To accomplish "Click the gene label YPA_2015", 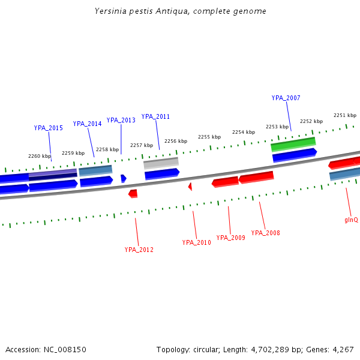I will pyautogui.click(x=48, y=128).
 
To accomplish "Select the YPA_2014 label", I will pyautogui.click(x=87, y=124).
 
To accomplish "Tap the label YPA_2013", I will pyautogui.click(x=121, y=120).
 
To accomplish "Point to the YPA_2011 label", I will pyautogui.click(x=155, y=116).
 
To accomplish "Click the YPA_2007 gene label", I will pyautogui.click(x=286, y=98).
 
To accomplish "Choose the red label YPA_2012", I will pyautogui.click(x=139, y=250).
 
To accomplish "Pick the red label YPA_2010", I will pyautogui.click(x=196, y=242).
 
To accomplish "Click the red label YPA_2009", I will pyautogui.click(x=230, y=238).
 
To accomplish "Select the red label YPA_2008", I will pyautogui.click(x=265, y=233).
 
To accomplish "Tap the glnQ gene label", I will pyautogui.click(x=351, y=220).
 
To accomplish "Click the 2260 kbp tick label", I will pyautogui.click(x=40, y=156).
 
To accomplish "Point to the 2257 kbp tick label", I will pyautogui.click(x=142, y=145).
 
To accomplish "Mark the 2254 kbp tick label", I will pyautogui.click(x=244, y=132).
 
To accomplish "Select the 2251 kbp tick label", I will pyautogui.click(x=345, y=115).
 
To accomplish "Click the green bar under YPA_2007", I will pyautogui.click(x=293, y=145).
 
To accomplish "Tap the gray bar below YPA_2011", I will pyautogui.click(x=161, y=162).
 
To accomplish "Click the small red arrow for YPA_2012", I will pyautogui.click(x=133, y=193).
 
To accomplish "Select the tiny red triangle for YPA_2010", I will pyautogui.click(x=190, y=187).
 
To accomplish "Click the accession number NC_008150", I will pyautogui.click(x=64, y=349).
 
